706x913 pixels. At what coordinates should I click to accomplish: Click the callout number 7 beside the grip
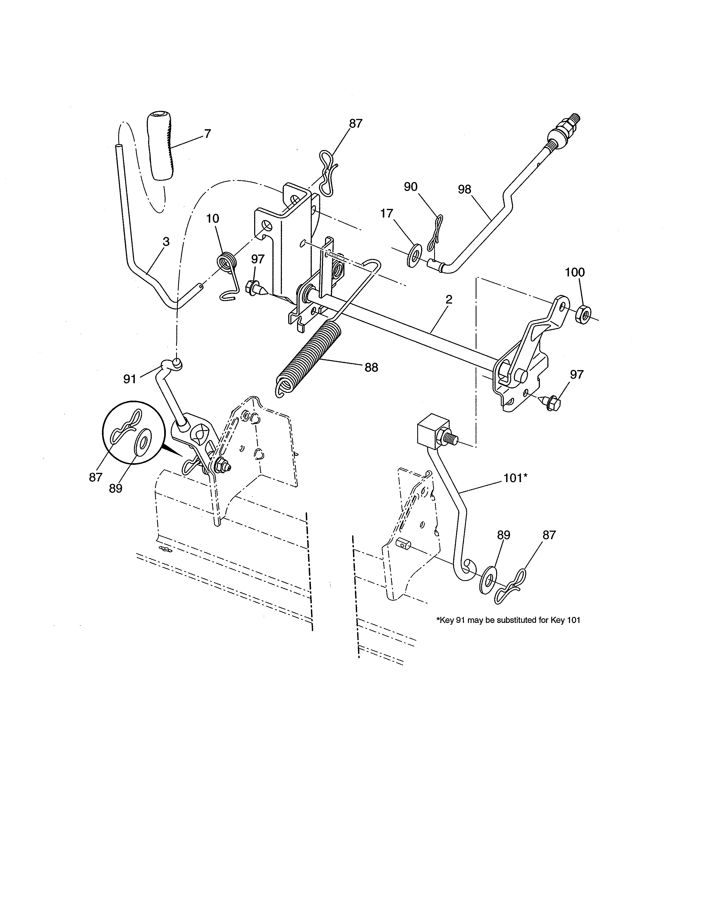tap(207, 134)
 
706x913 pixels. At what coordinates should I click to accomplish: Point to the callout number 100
tap(575, 272)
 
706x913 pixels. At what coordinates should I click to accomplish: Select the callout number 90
tap(411, 187)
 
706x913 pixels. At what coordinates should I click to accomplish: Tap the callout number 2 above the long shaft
tap(449, 299)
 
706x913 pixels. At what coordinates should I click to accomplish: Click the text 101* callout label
tap(514, 478)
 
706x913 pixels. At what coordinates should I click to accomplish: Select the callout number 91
tap(130, 379)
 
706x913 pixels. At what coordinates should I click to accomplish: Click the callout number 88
tap(371, 367)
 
